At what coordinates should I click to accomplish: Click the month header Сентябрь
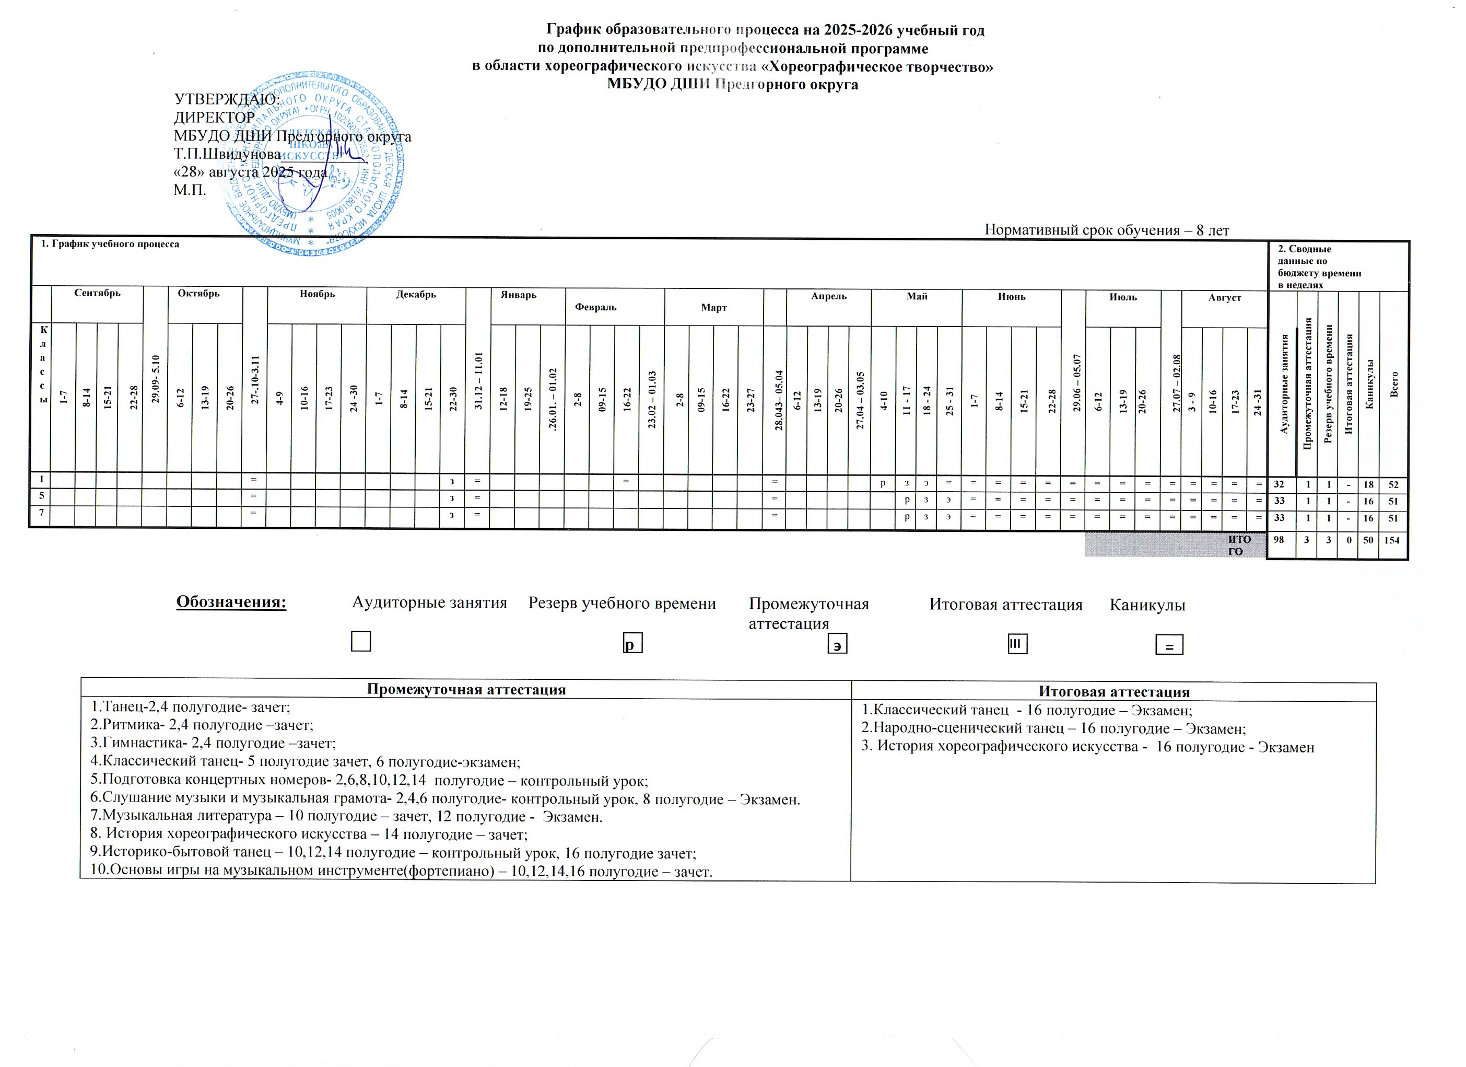click(x=97, y=294)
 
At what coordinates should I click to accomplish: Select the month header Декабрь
click(x=416, y=295)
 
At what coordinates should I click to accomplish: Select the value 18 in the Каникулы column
click(x=1369, y=484)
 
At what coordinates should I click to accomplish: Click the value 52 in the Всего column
click(x=1395, y=484)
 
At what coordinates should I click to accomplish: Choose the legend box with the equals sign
click(x=1169, y=645)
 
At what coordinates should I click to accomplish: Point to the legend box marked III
click(x=1017, y=644)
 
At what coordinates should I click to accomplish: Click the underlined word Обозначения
click(x=231, y=602)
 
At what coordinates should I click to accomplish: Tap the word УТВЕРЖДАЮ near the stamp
click(x=227, y=100)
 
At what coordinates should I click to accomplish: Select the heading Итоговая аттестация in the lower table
click(x=1113, y=692)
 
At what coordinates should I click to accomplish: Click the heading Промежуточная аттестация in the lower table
click(x=466, y=689)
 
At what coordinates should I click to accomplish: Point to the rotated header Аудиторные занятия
click(x=1284, y=384)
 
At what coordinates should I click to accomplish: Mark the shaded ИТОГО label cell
click(x=1175, y=545)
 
